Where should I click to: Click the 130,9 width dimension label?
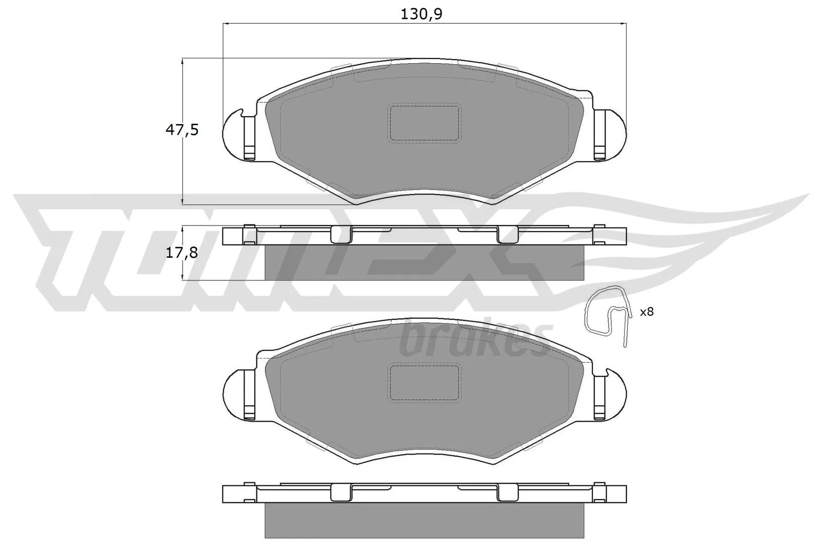421,14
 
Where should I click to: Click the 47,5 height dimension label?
181,130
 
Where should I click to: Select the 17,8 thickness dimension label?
181,253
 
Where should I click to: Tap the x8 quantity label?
646,311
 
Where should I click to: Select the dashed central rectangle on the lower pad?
424,383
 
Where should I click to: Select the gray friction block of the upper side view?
424,262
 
